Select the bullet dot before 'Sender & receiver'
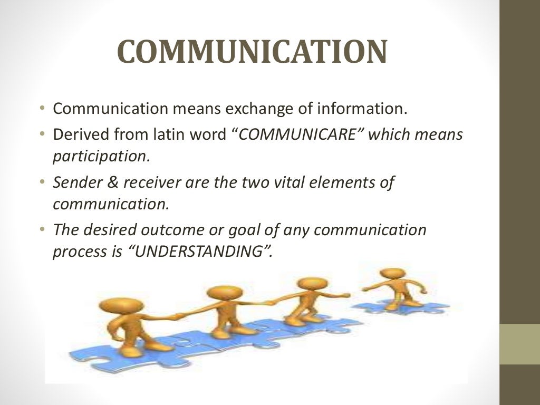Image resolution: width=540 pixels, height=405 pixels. pyautogui.click(x=42, y=182)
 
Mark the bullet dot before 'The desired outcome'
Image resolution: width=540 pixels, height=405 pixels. pyautogui.click(x=42, y=230)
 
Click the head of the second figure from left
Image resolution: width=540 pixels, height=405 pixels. pyautogui.click(x=224, y=293)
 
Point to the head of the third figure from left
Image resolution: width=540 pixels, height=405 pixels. pyautogui.click(x=309, y=284)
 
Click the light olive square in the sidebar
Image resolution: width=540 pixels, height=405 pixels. pyautogui.click(x=519, y=344)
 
